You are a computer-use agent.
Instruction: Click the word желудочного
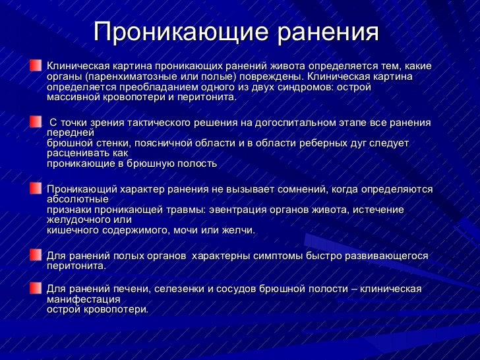75,220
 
